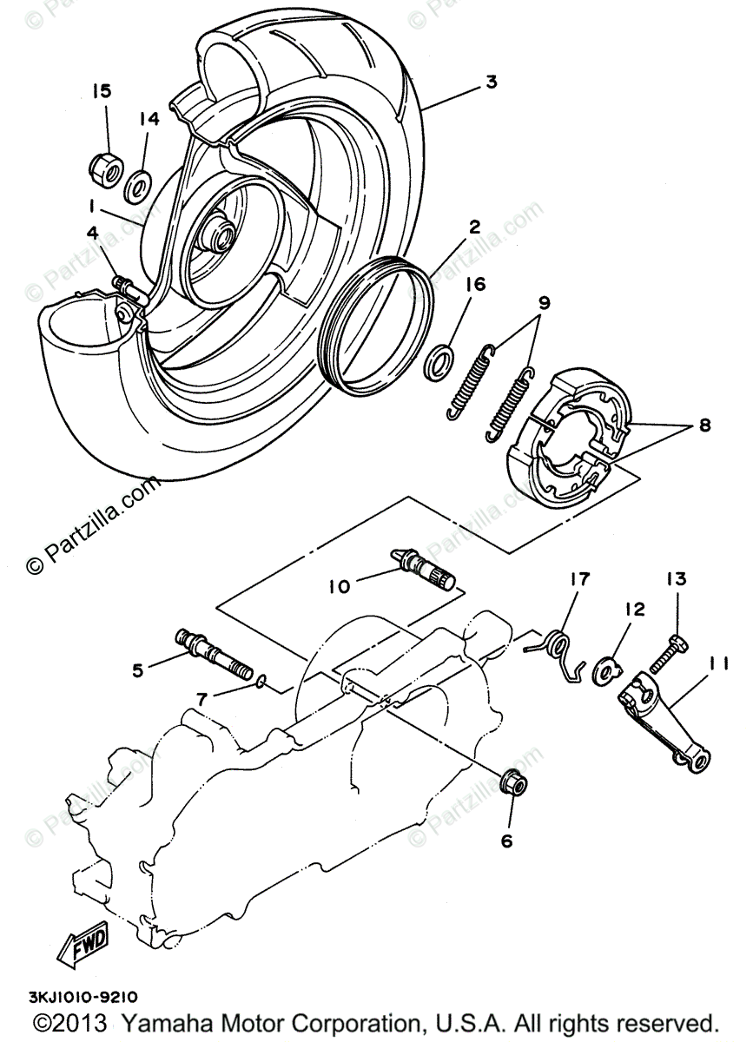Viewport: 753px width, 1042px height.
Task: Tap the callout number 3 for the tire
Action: click(491, 82)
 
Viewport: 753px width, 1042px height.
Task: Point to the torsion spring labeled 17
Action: click(558, 650)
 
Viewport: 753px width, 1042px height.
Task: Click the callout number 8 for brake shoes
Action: click(703, 425)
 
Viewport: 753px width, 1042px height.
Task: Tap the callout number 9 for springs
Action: click(545, 303)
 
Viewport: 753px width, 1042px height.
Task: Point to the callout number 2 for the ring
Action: click(474, 228)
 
